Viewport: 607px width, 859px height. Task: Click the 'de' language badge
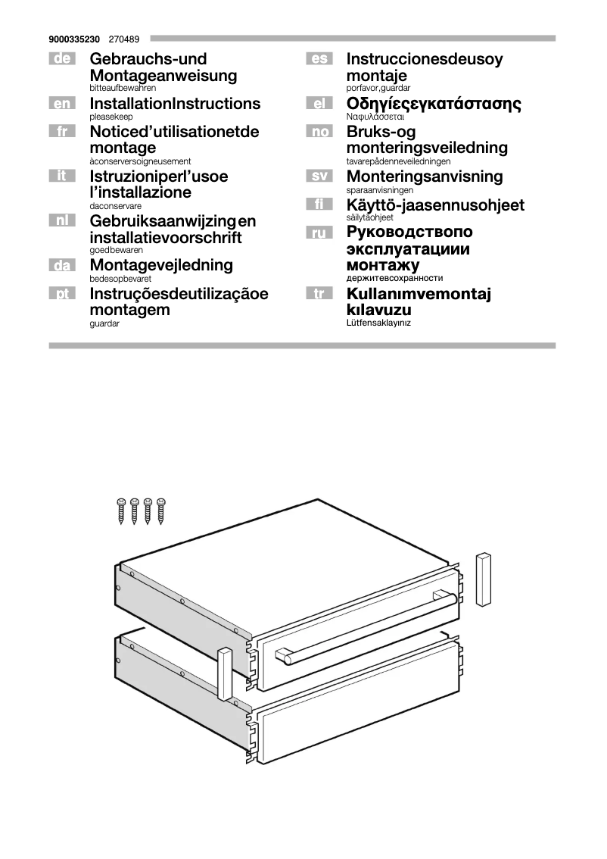pos(61,59)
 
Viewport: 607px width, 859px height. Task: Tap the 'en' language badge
pos(61,104)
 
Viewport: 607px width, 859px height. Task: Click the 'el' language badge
pos(319,104)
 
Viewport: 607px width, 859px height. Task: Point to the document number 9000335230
pos(73,38)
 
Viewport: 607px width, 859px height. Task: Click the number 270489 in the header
pos(123,38)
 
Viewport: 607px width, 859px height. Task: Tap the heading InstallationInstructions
pos(175,104)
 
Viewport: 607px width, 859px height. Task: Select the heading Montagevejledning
pos(161,266)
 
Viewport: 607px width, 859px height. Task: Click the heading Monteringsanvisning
pos(424,176)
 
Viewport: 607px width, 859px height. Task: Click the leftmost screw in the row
pos(120,511)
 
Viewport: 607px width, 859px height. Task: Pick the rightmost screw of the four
pos(160,511)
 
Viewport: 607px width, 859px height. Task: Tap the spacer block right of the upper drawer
pos(484,579)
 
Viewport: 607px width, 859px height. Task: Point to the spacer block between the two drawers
pos(224,673)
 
